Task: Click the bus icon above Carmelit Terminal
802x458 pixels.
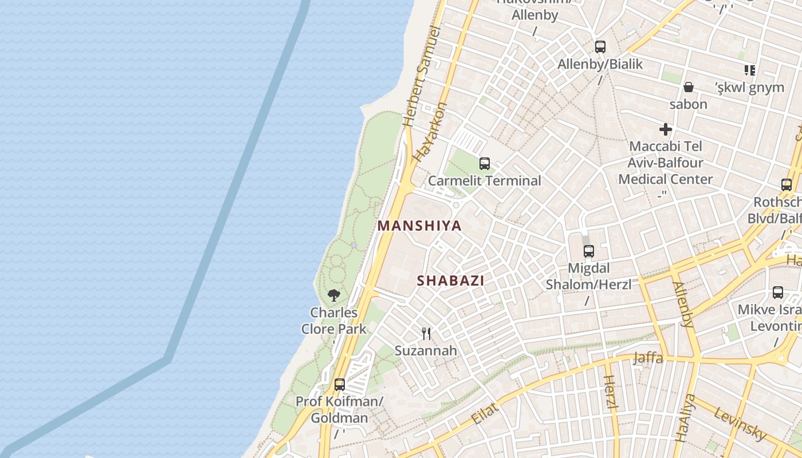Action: (485, 164)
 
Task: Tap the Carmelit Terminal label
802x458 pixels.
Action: (485, 181)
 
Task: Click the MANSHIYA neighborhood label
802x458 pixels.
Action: (419, 226)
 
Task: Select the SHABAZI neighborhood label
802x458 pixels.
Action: (451, 281)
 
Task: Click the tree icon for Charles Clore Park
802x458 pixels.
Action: (334, 295)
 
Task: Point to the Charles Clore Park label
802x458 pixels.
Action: (334, 321)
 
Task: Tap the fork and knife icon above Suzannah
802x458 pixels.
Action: (426, 333)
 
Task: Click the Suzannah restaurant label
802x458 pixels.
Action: (426, 350)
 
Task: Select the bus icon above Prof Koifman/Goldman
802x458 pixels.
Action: (340, 384)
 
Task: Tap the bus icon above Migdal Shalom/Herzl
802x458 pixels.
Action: (588, 251)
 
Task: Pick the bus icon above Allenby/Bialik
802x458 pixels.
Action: (600, 47)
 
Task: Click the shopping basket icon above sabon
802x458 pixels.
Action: (688, 87)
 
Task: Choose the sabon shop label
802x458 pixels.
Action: (688, 104)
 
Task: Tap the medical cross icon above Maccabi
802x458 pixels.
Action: (665, 129)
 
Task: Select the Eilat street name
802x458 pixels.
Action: (485, 413)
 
